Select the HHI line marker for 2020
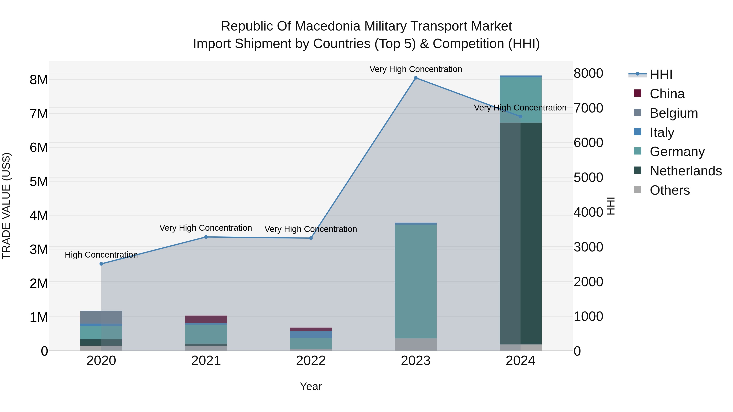[x=101, y=264]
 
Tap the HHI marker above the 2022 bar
[x=311, y=238]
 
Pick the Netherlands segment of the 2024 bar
[x=520, y=233]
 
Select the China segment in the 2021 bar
[x=206, y=319]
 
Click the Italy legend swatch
[x=638, y=132]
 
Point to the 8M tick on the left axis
[x=39, y=80]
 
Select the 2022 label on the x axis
[x=311, y=361]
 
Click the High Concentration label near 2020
[x=101, y=255]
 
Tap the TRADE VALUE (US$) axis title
[x=7, y=206]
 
